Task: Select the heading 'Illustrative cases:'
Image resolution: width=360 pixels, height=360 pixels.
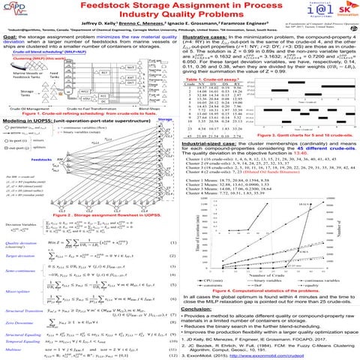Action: (x=205, y=35)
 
